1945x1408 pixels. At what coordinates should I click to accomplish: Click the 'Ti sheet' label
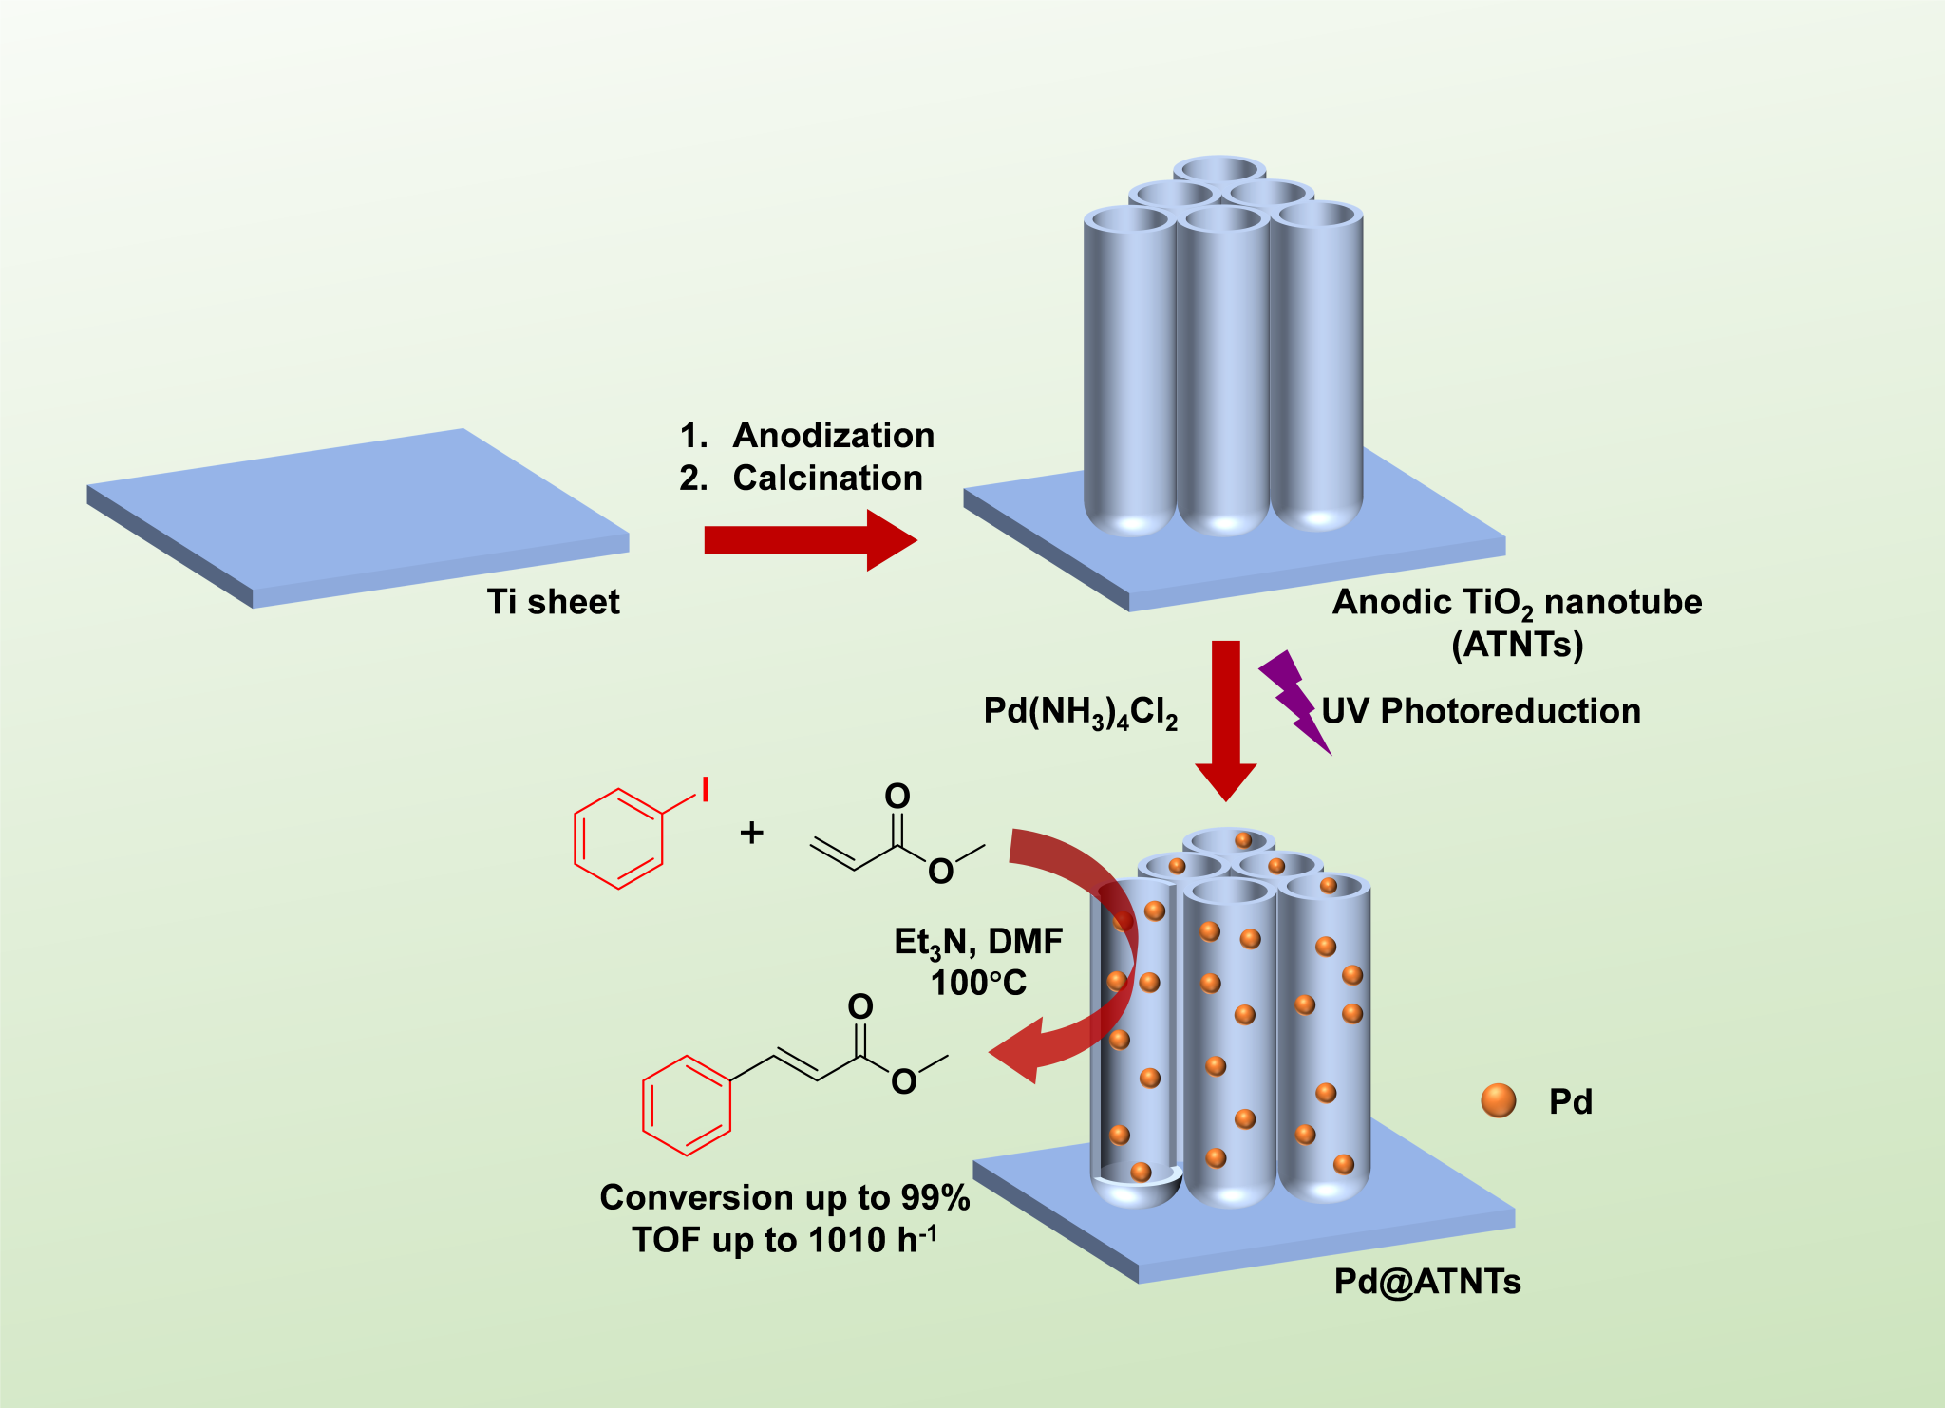click(x=553, y=602)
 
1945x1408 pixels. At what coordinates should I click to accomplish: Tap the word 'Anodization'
click(x=833, y=436)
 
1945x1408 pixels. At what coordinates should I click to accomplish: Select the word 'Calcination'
click(x=827, y=478)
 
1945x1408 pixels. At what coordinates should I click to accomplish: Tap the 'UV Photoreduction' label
click(x=1481, y=711)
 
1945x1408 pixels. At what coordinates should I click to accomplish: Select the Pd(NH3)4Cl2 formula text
click(x=1080, y=712)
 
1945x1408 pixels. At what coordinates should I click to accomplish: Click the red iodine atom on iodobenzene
click(x=706, y=789)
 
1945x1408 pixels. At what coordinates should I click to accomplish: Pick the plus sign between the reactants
click(x=751, y=833)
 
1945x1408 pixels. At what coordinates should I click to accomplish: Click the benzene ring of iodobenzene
click(x=618, y=838)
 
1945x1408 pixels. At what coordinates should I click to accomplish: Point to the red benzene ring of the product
click(x=687, y=1105)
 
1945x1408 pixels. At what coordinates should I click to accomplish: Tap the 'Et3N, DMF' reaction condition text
click(x=978, y=942)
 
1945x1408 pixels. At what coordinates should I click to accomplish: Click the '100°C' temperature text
click(x=978, y=983)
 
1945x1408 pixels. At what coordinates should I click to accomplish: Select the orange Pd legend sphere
click(x=1499, y=1100)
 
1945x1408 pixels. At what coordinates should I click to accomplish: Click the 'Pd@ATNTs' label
click(x=1427, y=1282)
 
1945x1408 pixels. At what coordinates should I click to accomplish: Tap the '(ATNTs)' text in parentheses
click(x=1517, y=645)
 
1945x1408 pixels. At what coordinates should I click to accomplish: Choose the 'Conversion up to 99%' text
click(x=784, y=1198)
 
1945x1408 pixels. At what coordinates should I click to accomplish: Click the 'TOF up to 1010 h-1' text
click(x=784, y=1240)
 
